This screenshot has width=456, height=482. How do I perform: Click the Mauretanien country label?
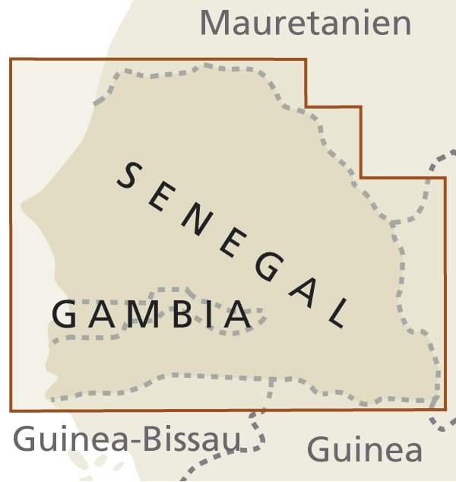click(305, 23)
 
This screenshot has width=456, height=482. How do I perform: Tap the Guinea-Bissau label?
click(127, 439)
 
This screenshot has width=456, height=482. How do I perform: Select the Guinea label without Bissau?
click(364, 449)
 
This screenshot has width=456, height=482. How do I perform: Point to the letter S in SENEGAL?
click(131, 178)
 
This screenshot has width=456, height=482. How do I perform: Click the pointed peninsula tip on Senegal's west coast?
click(24, 206)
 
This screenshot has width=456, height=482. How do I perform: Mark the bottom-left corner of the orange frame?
click(11, 410)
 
